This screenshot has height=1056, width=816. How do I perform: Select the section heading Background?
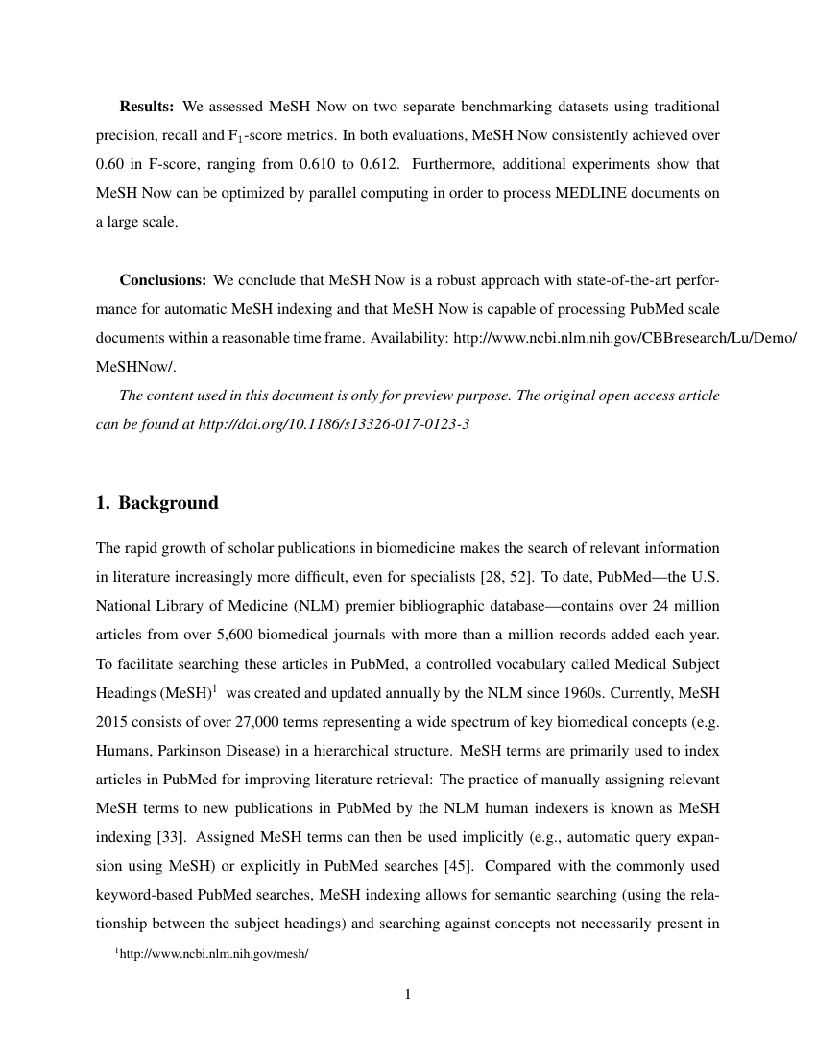click(168, 503)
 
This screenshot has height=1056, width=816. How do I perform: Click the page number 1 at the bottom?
click(408, 995)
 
